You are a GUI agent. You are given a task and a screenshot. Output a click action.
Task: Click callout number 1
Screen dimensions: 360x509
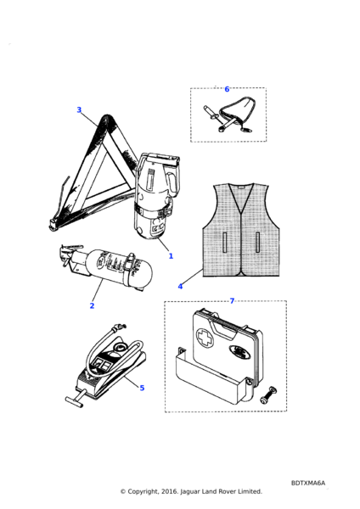coord(171,256)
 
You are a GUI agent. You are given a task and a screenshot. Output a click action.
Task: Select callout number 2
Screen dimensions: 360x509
coord(92,305)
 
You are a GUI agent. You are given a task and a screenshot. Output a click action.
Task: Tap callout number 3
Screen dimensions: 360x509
coord(79,109)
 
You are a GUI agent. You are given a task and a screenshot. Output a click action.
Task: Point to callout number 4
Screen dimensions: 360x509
coord(180,287)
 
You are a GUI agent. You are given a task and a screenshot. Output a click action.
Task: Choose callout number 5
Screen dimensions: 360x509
coord(142,388)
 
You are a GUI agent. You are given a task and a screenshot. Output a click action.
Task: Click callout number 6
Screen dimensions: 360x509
coord(227,89)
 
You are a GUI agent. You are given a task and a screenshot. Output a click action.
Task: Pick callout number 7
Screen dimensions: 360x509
coord(232,301)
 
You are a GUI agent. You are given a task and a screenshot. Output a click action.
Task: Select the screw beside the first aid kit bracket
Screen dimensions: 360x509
coord(268,395)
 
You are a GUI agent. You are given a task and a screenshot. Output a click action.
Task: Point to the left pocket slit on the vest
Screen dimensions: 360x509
coord(224,242)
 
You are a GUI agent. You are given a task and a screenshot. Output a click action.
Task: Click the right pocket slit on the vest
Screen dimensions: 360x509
coord(257,242)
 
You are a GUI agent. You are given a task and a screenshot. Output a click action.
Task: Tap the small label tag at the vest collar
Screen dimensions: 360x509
coord(241,187)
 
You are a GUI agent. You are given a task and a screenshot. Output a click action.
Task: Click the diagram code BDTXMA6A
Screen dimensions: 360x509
coord(308,483)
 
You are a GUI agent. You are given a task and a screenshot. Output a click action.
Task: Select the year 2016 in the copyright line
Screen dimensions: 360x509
coord(170,491)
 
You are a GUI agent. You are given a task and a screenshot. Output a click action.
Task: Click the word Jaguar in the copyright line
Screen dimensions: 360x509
coord(190,492)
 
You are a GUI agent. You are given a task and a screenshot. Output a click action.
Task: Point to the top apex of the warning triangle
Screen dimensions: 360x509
coord(107,115)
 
